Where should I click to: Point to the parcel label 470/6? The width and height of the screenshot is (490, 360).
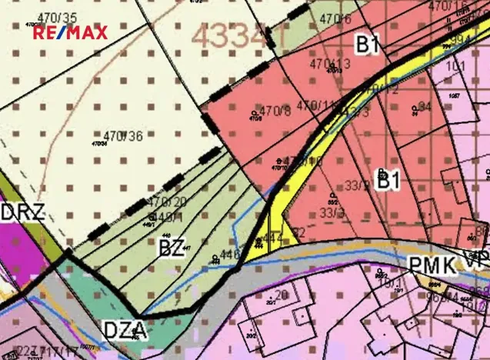click(335, 18)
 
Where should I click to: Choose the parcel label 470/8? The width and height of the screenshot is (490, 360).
click(275, 111)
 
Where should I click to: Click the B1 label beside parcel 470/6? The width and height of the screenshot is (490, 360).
click(367, 45)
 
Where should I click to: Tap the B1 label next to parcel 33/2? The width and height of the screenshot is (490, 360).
click(388, 180)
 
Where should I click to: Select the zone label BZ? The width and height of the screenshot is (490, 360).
click(171, 248)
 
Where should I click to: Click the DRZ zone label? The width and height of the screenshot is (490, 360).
click(21, 212)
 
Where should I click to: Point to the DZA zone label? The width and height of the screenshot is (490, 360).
click(124, 331)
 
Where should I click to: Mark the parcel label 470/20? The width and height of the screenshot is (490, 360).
click(167, 202)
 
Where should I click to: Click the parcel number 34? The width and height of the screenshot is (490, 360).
click(425, 105)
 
